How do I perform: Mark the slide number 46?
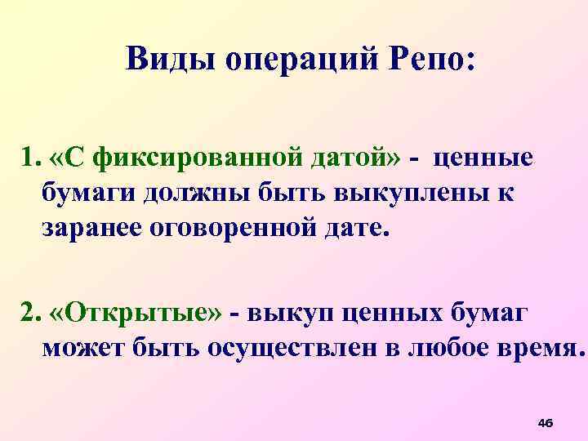[x=546, y=422]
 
